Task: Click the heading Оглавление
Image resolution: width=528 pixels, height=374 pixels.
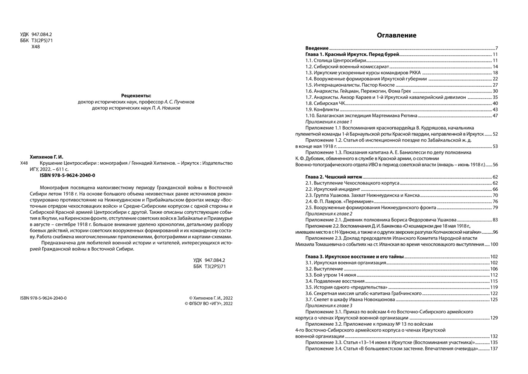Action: point(396,36)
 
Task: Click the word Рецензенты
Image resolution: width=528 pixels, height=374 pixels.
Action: point(136,95)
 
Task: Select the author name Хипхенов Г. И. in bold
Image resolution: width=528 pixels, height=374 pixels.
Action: point(47,157)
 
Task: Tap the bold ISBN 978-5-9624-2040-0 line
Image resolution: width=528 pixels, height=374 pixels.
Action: point(67,175)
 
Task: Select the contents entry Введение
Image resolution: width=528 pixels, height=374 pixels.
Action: point(317,48)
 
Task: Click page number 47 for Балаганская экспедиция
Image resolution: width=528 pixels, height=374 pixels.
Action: point(495,116)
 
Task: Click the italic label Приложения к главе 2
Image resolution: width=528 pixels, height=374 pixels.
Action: point(329,214)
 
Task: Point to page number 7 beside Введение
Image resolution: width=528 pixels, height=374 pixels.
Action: point(497,48)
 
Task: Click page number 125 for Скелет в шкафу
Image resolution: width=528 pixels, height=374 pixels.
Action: point(494,299)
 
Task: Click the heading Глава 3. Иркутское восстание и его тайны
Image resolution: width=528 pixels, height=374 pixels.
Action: point(354,257)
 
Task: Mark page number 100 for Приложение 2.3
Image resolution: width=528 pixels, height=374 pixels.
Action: point(494,244)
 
